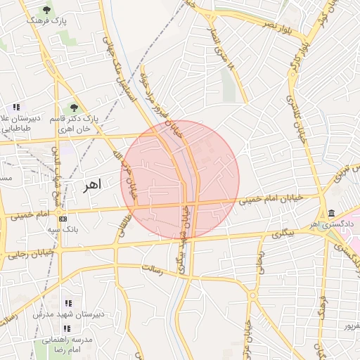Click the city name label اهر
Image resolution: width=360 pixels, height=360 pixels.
coord(91,185)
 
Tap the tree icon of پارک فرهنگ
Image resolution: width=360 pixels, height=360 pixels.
coord(47,10)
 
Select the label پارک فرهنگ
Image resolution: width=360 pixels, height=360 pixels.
coord(46,22)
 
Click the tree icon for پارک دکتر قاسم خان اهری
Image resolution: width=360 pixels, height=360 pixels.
coord(73,108)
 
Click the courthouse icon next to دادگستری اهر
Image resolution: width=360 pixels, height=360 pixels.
coord(331,214)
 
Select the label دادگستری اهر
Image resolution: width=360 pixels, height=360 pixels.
coord(336,224)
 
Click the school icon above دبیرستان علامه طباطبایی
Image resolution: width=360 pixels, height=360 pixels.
coord(16,107)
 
